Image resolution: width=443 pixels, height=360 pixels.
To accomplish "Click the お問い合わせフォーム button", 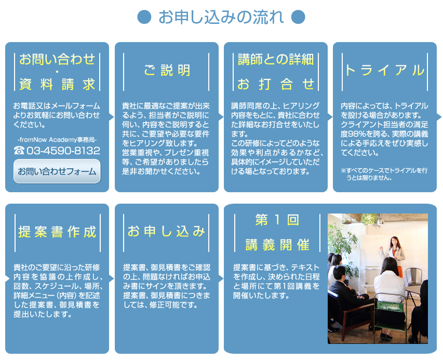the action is tap(57, 171).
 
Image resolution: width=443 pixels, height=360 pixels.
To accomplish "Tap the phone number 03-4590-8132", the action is tap(63, 151).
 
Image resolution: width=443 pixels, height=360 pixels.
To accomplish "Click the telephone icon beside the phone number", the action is tap(19, 151).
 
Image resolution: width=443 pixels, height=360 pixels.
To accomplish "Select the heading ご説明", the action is tap(167, 70).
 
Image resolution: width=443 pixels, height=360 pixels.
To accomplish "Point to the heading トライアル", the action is tap(384, 70).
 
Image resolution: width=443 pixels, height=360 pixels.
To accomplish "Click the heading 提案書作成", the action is tap(57, 232).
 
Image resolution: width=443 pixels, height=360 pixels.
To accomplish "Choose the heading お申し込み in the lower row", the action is tap(166, 231).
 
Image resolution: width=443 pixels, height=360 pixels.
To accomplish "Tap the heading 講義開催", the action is tap(277, 245).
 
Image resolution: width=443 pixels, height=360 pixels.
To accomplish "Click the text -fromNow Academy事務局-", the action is tap(57, 140).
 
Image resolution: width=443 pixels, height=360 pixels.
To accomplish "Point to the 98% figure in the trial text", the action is tap(357, 134).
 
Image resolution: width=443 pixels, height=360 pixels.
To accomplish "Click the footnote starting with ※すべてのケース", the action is tap(384, 174).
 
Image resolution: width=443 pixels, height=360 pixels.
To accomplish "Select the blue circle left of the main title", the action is tap(144, 17).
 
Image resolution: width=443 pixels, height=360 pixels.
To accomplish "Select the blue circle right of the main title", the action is tap(298, 17).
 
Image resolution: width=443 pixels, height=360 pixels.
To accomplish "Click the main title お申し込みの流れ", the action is tap(221, 17).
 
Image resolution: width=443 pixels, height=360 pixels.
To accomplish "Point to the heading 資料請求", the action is tap(57, 84).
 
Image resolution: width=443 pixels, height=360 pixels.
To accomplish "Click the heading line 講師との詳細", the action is tap(276, 59).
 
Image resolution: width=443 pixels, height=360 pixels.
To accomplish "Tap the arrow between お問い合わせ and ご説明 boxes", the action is tap(112, 117).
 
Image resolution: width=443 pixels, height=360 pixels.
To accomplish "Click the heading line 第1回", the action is tap(277, 220).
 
